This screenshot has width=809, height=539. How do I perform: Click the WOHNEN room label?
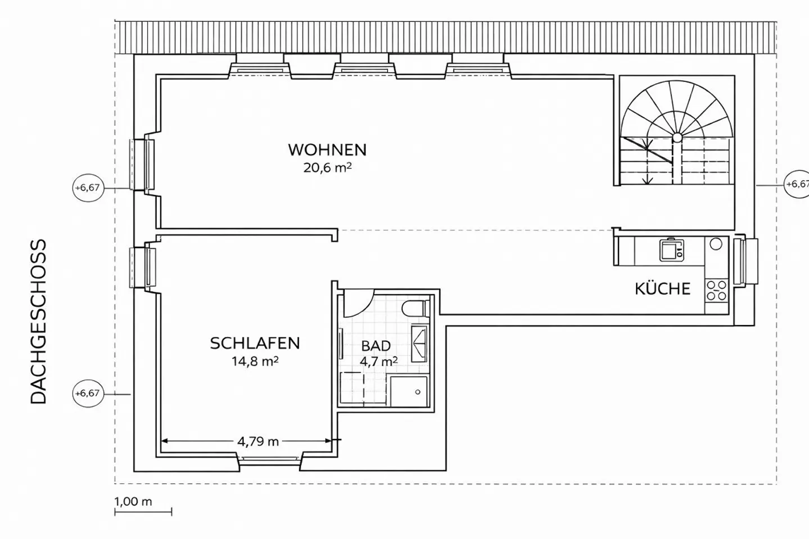click(x=327, y=150)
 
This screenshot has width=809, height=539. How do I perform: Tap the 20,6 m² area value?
click(x=327, y=168)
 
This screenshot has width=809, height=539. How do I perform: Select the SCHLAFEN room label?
click(x=255, y=343)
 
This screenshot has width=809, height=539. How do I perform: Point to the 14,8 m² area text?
click(x=255, y=362)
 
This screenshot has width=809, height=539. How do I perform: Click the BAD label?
click(x=376, y=346)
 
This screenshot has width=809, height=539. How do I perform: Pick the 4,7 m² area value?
click(x=379, y=361)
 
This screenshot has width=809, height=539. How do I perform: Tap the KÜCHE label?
click(x=663, y=289)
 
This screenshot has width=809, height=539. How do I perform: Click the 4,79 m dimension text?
click(x=258, y=441)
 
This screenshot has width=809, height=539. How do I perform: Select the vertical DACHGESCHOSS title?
click(x=38, y=321)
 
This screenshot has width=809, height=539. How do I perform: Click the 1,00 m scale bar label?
click(x=133, y=501)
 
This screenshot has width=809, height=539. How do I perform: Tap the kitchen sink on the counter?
click(x=672, y=250)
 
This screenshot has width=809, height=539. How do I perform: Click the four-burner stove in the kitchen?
click(x=716, y=291)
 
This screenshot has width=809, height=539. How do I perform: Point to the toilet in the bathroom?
click(x=416, y=308)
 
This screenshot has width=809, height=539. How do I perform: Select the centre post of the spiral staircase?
click(x=677, y=137)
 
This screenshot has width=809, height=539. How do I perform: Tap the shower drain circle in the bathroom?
click(x=418, y=392)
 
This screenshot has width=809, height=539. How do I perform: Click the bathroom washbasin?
click(x=419, y=344)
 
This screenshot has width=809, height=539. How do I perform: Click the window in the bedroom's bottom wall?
click(x=270, y=459)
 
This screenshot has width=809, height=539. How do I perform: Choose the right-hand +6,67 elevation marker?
click(x=797, y=184)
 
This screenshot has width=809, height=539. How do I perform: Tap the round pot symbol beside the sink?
click(x=716, y=244)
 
